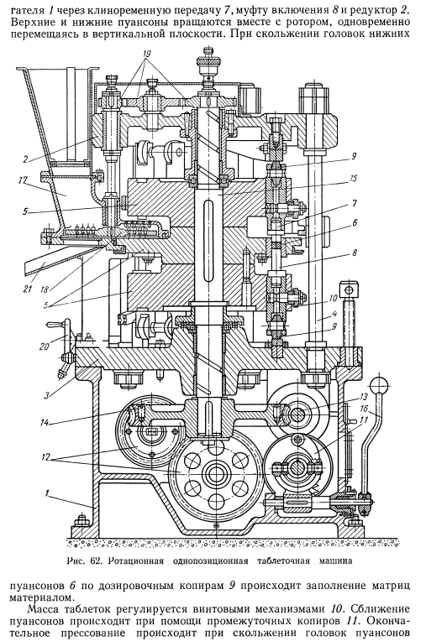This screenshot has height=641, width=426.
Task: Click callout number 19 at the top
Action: coord(146,54)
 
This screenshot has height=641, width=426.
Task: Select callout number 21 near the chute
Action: coord(28,289)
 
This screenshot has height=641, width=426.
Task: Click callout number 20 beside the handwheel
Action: coord(45,347)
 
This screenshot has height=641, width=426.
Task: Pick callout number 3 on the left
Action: coord(47,395)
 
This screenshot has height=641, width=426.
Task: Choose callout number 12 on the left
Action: coord(45,458)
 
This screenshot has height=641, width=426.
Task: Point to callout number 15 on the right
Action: coord(354,178)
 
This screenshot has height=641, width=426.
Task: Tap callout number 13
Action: coord(364,397)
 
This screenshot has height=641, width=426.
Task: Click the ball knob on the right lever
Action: coord(379,385)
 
